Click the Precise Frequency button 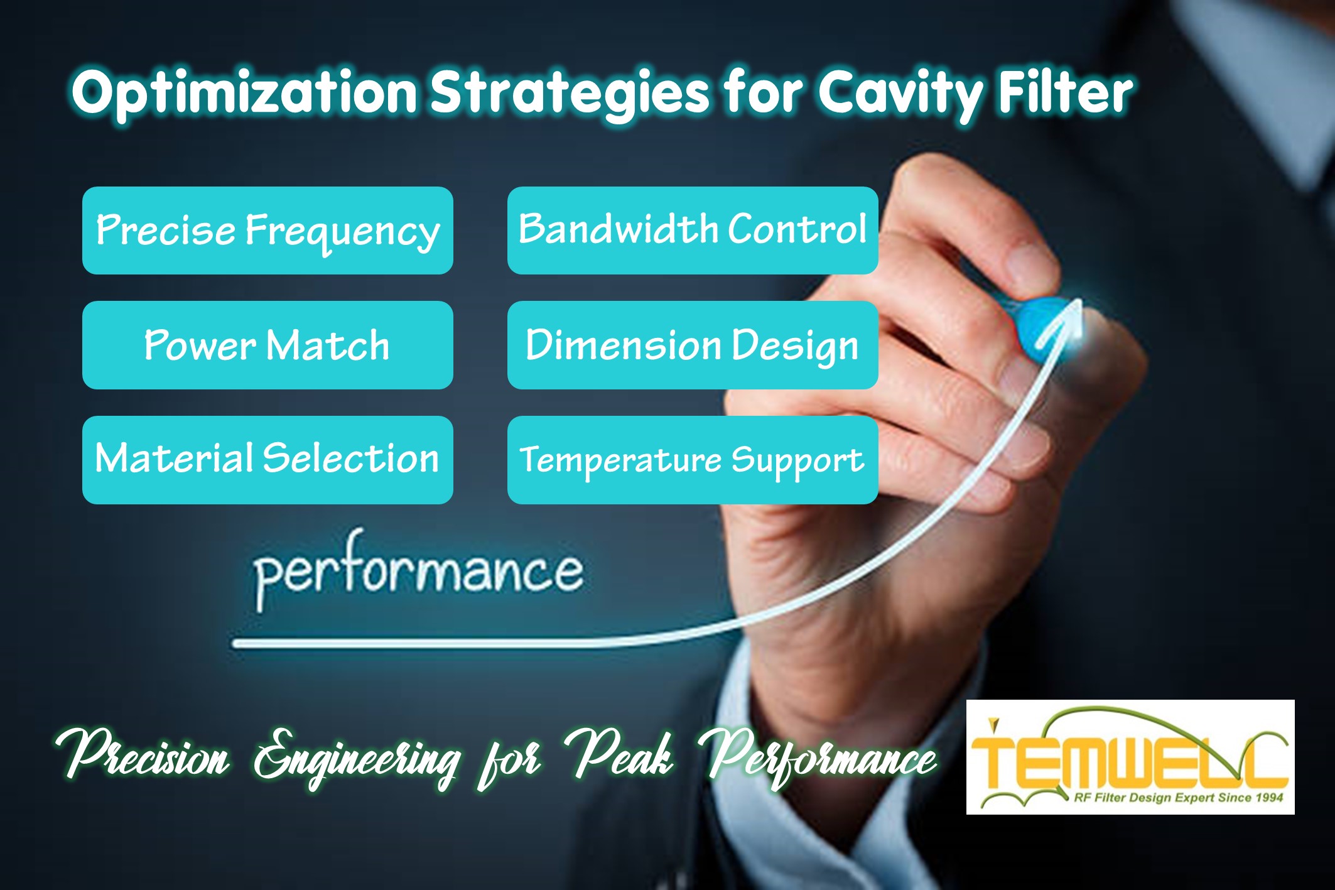point(268,231)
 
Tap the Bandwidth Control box point(692,231)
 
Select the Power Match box point(268,345)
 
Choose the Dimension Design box point(692,345)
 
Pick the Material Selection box point(268,459)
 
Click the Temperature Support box point(692,459)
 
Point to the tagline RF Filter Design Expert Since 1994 point(1178,798)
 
